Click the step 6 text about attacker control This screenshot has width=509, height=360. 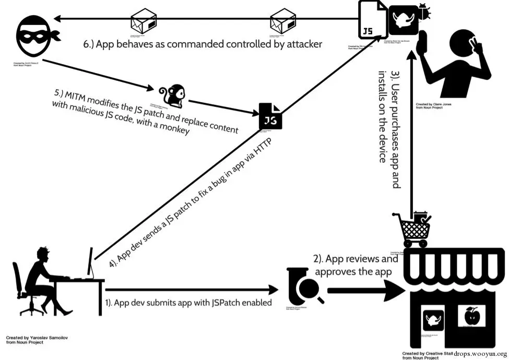pos(203,44)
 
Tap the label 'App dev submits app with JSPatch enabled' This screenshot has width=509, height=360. pos(188,302)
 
